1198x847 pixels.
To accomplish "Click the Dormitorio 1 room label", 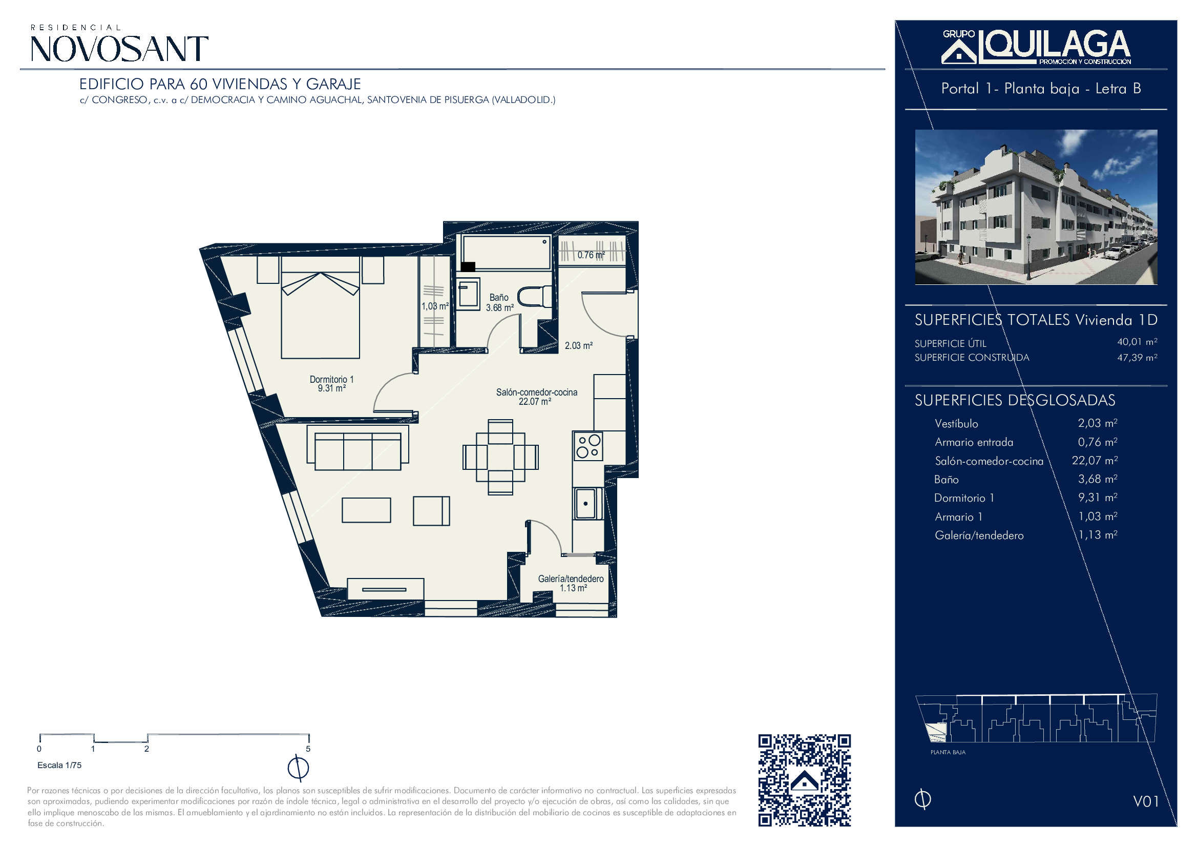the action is (x=331, y=384).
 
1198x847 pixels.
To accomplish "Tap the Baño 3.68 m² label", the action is (x=499, y=302).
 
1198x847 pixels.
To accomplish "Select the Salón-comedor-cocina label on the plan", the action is (x=536, y=397).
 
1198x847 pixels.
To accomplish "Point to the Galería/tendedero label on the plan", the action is (x=571, y=583).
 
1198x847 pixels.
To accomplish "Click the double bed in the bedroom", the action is (x=320, y=307).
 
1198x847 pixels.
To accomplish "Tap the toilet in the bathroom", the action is (x=534, y=296).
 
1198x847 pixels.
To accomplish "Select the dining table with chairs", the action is (x=500, y=457).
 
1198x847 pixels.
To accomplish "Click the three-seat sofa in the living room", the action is (x=358, y=448).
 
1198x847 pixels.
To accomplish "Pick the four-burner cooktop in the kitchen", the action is (x=588, y=446).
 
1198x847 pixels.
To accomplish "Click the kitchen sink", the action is (x=587, y=503).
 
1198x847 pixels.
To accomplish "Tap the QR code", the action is (x=804, y=780).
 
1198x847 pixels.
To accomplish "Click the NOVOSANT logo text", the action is (x=119, y=49).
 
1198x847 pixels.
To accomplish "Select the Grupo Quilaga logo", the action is (x=1036, y=47).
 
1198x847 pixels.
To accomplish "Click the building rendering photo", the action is (x=1036, y=206).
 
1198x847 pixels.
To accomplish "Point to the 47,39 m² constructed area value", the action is (x=1137, y=358).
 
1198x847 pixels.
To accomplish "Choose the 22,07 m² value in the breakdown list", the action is (x=1095, y=460).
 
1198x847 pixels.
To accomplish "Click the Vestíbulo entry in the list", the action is (x=956, y=424).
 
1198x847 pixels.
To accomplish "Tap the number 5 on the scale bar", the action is (x=308, y=749).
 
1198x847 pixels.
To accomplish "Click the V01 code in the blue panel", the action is (x=1146, y=801).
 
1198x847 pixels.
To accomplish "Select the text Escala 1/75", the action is (x=59, y=765).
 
